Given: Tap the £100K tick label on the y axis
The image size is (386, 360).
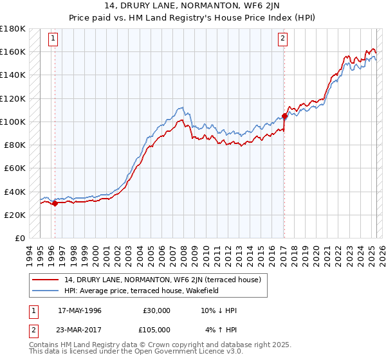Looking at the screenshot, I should pos(13,122).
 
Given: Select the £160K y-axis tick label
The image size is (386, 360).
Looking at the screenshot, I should pos(13,51).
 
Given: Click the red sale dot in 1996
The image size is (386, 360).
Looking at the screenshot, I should pos(55,203).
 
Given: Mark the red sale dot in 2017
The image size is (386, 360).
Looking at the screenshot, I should pos(284,116).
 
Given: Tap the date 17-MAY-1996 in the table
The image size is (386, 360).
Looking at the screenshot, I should pos(80,310).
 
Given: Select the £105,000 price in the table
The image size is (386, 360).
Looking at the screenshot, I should pos(157,330).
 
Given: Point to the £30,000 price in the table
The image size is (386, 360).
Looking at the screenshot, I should pos(157,310).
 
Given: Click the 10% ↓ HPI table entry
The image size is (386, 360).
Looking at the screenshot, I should pos(219,310).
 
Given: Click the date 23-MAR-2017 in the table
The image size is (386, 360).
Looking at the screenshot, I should pos(80,330).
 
